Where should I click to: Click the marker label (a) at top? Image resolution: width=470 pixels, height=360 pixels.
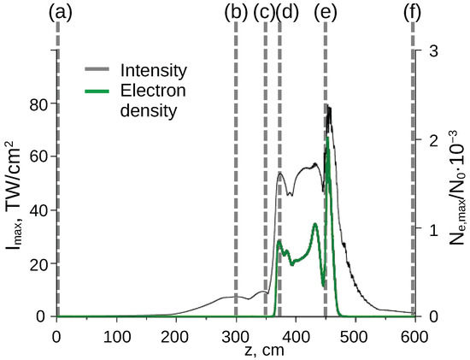coord(56,11)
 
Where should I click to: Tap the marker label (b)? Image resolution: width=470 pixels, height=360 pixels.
coord(236,11)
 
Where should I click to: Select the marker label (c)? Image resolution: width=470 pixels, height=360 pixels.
coord(265,11)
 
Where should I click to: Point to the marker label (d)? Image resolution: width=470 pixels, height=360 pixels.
coord(288,11)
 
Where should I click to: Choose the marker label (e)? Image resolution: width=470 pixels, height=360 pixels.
coord(326,11)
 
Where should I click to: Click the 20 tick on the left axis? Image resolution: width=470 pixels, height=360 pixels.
coord(38,263)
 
